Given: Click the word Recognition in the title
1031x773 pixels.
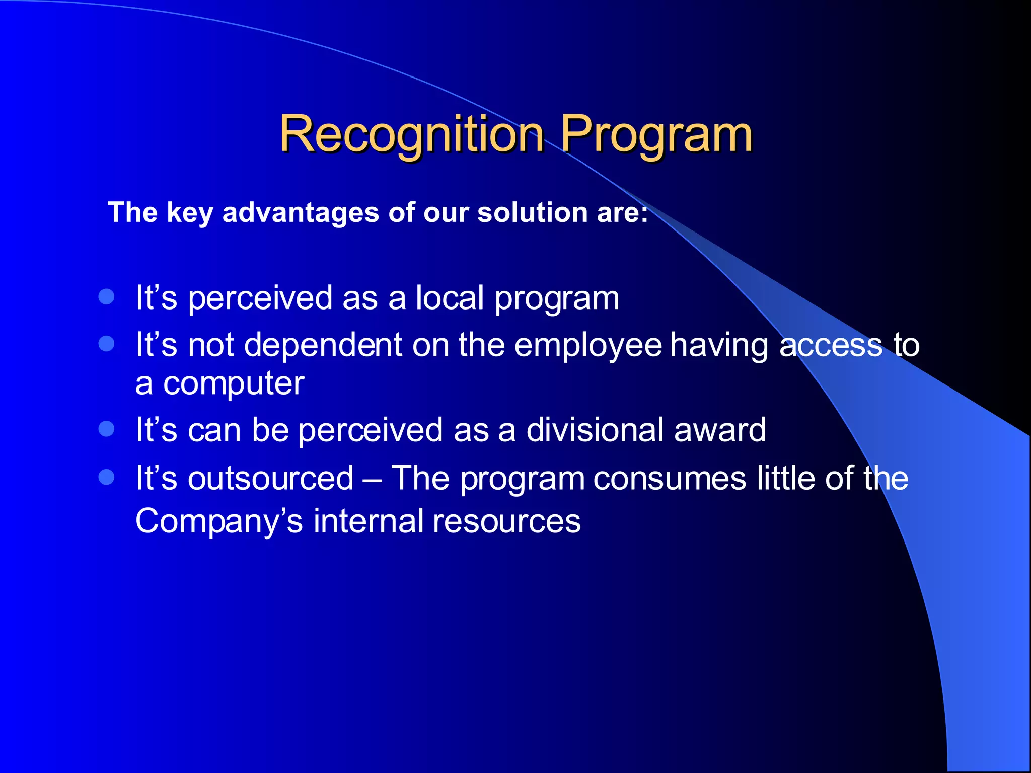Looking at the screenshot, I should (x=412, y=134).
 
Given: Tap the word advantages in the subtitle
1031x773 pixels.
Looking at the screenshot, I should (x=301, y=212).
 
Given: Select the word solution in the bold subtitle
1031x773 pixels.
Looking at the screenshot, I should (x=533, y=212).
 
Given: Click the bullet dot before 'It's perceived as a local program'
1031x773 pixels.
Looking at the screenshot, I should (x=107, y=296).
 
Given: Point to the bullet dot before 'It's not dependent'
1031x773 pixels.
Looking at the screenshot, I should (x=107, y=344).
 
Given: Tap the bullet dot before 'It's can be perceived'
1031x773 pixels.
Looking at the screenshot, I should (x=107, y=429).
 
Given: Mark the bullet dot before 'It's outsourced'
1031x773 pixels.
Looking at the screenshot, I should (x=107, y=477).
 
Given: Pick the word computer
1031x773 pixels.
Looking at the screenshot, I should (x=234, y=384).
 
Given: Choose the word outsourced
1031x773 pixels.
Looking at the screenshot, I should (x=271, y=478).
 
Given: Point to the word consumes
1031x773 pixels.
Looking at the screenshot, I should (x=670, y=478).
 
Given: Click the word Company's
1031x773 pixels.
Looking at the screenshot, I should (x=219, y=521).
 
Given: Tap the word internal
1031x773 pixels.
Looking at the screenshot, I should (x=368, y=521).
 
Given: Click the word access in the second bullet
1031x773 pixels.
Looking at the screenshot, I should (x=831, y=346).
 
